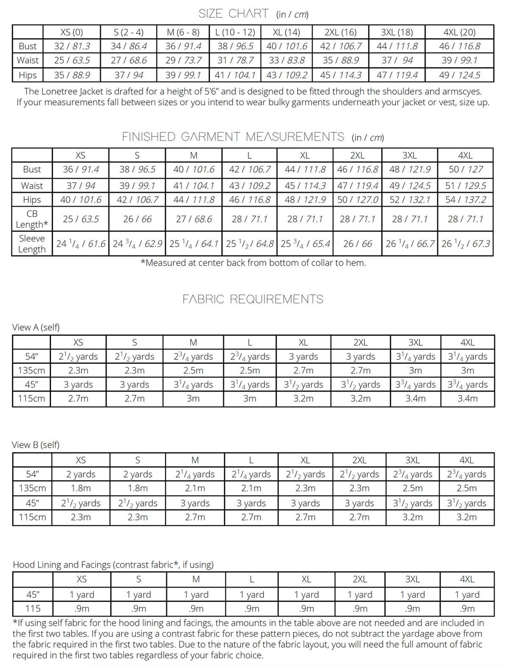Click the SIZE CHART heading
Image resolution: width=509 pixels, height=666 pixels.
[x=234, y=14]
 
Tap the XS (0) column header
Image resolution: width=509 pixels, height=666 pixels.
[x=72, y=32]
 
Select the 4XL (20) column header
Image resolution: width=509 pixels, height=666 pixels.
[x=460, y=32]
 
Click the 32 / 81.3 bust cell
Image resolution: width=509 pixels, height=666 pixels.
[x=72, y=46]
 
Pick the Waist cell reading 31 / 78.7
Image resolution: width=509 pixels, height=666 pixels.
[x=235, y=60]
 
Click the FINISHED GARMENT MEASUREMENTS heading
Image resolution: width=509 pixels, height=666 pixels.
[x=233, y=137]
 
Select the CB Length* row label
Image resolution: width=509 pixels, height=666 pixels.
[x=32, y=219]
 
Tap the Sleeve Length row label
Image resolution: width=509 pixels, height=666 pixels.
[x=32, y=243]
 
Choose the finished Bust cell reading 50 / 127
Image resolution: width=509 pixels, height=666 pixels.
[x=465, y=169]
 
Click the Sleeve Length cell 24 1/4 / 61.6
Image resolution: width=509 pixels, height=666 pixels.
[x=81, y=243]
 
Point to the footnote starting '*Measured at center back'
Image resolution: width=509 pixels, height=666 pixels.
[x=254, y=263]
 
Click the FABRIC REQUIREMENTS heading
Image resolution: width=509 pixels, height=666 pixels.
[x=253, y=299]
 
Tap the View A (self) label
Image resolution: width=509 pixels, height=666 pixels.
[x=36, y=327]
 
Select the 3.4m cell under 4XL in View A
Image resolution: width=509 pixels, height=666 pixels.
[x=468, y=399]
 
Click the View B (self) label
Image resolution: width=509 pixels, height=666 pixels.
[x=36, y=445]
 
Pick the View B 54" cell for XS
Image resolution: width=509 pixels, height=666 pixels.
[x=81, y=474]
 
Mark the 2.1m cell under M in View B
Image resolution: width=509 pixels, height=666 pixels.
[x=195, y=488]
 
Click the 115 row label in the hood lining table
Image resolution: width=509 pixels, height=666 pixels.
[x=33, y=608]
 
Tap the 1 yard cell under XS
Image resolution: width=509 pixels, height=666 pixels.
[x=82, y=594]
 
